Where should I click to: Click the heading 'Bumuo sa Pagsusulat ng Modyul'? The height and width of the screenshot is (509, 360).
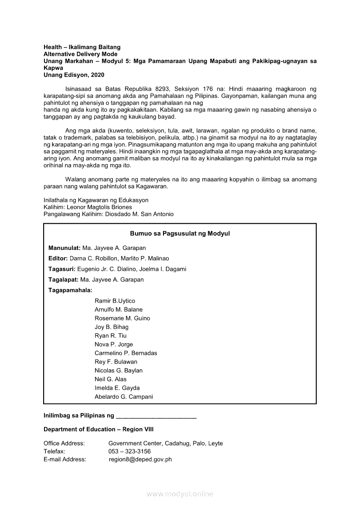coord(180,234)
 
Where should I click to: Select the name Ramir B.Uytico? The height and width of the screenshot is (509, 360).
coord(115,301)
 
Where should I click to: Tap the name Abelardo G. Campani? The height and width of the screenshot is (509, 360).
coord(124,397)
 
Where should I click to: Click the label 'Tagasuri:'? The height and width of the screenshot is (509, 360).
coord(62,269)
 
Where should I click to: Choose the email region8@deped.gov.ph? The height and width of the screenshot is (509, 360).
coord(140,459)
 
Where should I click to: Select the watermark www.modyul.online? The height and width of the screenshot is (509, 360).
coord(180,494)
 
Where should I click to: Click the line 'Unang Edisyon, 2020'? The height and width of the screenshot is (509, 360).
coord(74,75)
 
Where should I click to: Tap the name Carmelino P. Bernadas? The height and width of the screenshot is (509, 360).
coord(126,353)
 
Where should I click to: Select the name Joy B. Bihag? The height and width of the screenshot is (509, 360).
coord(112,327)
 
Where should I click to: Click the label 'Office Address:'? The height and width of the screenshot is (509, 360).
coord(64,443)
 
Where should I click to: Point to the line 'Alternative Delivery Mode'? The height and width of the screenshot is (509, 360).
coord(81,54)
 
